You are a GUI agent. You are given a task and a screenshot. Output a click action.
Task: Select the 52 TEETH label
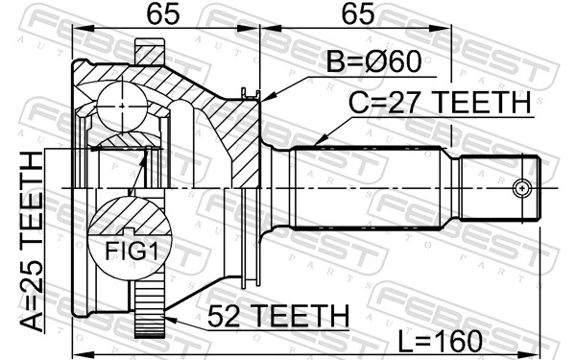point(265,314)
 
